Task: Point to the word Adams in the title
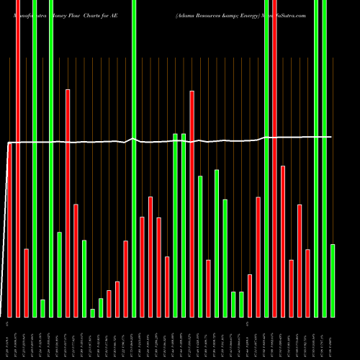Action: pyautogui.click(x=185, y=14)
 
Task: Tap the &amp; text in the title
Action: pyautogui.click(x=233, y=14)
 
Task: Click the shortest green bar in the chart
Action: pyautogui.click(x=93, y=312)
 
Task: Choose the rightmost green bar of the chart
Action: pyautogui.click(x=333, y=281)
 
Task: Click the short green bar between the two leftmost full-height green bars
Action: pyautogui.click(x=42, y=308)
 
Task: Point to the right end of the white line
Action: pyautogui.click(x=331, y=137)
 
